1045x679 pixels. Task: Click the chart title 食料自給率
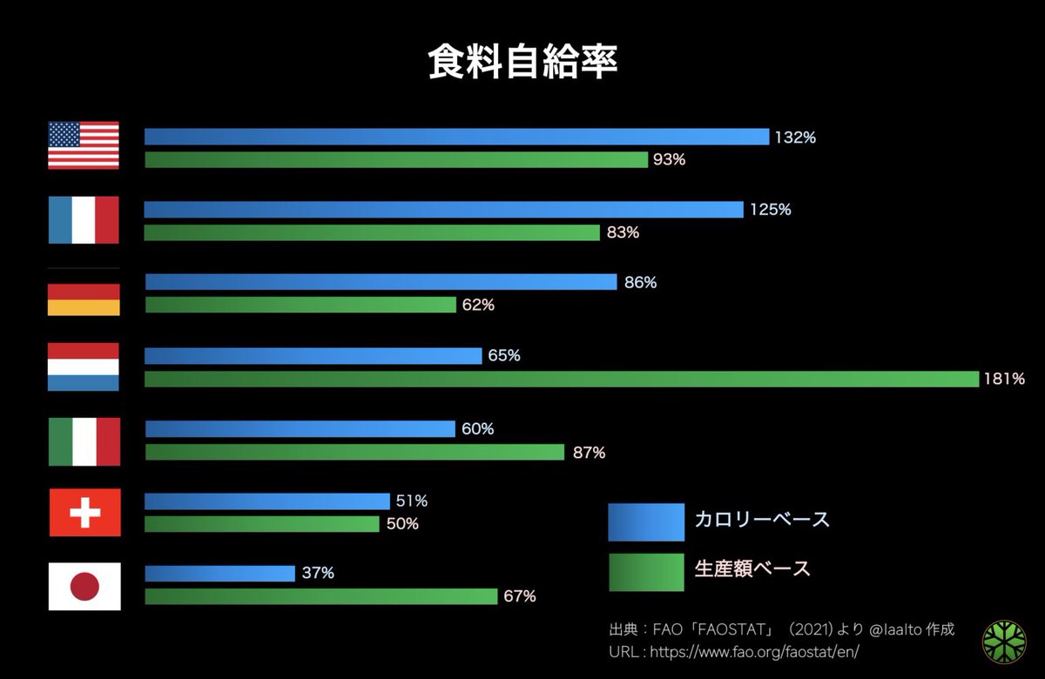(522, 63)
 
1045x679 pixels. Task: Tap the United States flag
(84, 145)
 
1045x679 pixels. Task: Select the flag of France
(84, 219)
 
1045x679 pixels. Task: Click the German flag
(84, 292)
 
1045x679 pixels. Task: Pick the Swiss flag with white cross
(84, 513)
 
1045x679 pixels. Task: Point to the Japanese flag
(84, 586)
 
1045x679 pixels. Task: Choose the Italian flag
(84, 441)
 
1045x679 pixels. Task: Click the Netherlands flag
(84, 366)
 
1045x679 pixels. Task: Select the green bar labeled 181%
(562, 379)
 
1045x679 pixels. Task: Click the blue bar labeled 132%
(456, 137)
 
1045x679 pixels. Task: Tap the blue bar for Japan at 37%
(219, 573)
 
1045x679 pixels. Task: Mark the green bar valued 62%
(300, 305)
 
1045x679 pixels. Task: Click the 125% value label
(771, 210)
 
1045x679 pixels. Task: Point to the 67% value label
(519, 596)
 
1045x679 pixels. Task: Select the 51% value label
(412, 501)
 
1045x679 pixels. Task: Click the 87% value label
(589, 453)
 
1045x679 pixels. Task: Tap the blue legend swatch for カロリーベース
(645, 521)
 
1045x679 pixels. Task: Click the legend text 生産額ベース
(752, 569)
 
